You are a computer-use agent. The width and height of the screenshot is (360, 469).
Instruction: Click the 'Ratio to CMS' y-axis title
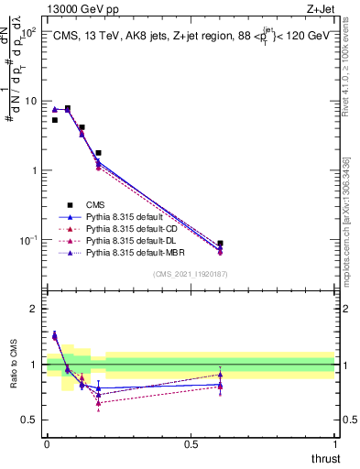[x=12, y=365]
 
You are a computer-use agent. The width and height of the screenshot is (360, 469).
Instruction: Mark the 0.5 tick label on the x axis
[x=191, y=443]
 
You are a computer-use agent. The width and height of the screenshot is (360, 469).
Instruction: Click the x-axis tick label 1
[x=334, y=443]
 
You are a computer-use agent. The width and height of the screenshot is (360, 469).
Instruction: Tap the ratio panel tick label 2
[x=34, y=309]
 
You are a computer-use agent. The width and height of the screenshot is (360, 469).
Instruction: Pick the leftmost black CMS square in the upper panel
[x=55, y=120]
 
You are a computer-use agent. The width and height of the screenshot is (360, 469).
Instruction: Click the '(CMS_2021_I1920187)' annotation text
[x=191, y=274]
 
